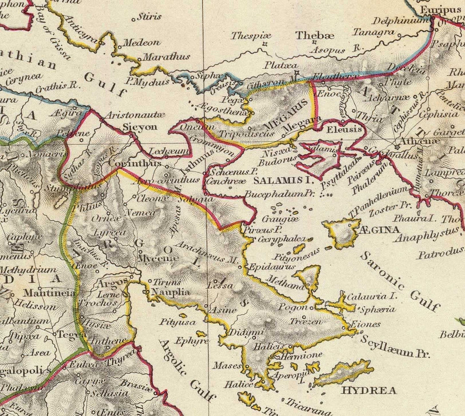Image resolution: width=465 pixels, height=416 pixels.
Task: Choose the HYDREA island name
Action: coord(370,390)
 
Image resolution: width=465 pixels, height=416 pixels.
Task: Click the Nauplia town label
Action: coord(167,292)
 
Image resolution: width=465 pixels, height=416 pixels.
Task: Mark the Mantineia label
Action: coord(48,293)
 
